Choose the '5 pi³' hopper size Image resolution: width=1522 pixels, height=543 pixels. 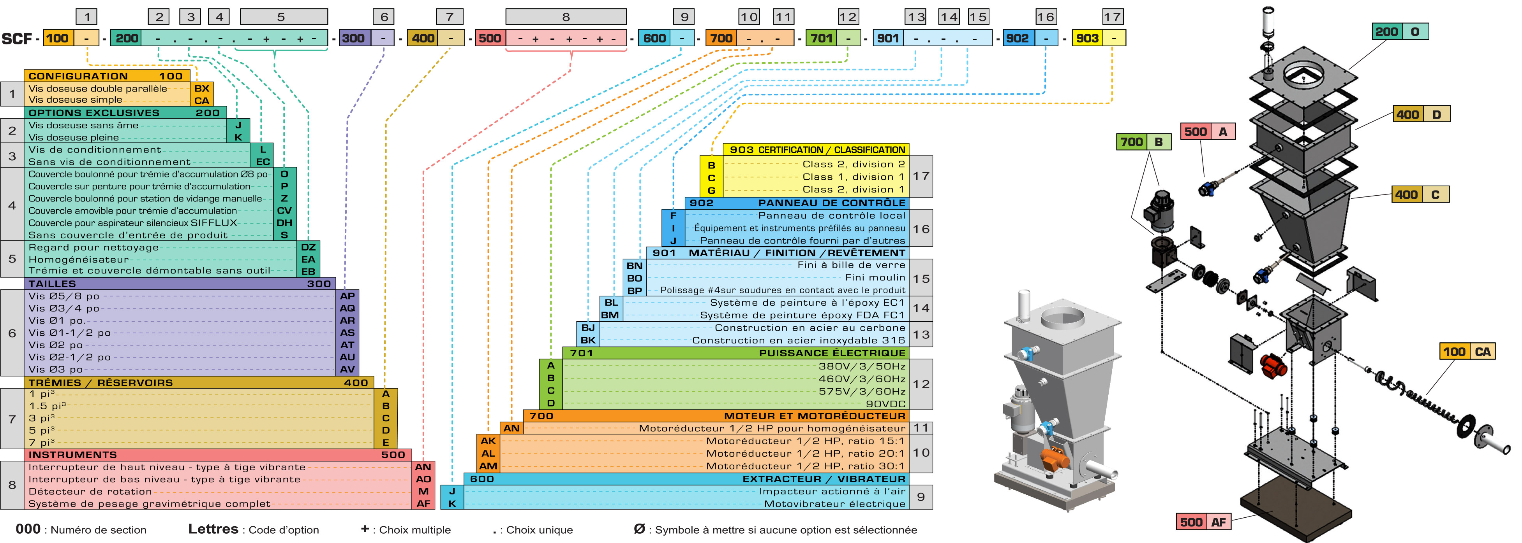[x=41, y=430]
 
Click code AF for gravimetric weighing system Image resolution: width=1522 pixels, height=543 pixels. [x=423, y=503]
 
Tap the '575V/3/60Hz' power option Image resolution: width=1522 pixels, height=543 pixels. [x=861, y=391]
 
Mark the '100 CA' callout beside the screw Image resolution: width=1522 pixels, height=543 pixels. [x=1466, y=352]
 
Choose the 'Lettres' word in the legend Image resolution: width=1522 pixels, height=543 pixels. [x=213, y=529]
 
